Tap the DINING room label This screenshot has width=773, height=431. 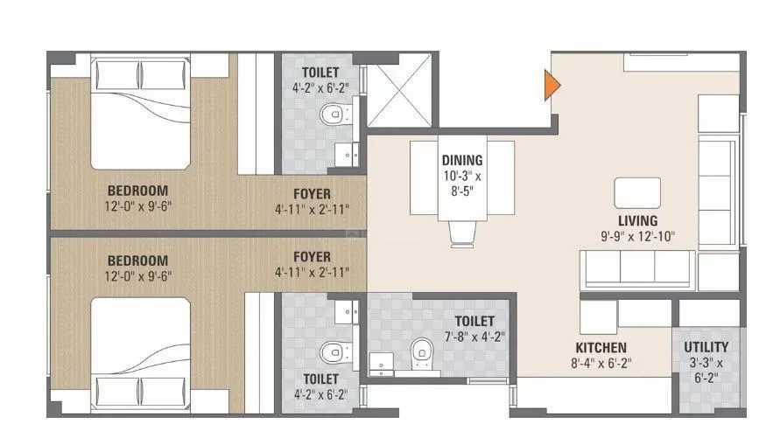pyautogui.click(x=461, y=160)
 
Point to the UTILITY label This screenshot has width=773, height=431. pyautogui.click(x=705, y=347)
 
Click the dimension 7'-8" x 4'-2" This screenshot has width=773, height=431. pyautogui.click(x=474, y=336)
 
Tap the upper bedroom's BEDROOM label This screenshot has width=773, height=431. pyautogui.click(x=137, y=191)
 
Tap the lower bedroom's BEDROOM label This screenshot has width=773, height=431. pyautogui.click(x=137, y=261)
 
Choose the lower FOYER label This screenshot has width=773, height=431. pyautogui.click(x=312, y=257)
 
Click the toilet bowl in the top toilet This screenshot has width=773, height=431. pyautogui.click(x=332, y=115)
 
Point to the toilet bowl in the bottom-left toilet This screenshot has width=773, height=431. pyautogui.click(x=332, y=352)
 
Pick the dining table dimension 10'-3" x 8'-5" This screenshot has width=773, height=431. pyautogui.click(x=461, y=184)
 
